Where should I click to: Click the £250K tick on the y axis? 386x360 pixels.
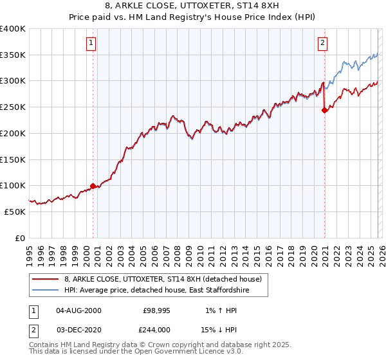tap(13, 107)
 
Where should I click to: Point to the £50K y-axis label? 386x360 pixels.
tap(14, 212)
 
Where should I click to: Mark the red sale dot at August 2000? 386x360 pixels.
tap(93, 186)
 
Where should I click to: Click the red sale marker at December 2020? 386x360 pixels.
tap(324, 110)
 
